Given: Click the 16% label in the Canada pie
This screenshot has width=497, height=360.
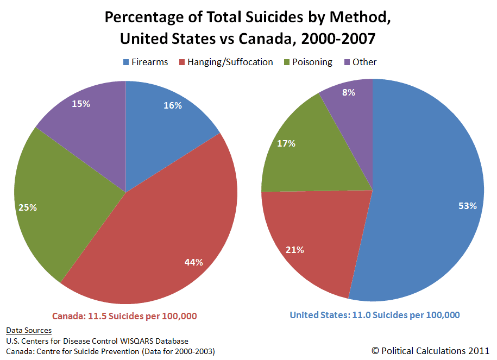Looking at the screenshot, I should click(173, 105).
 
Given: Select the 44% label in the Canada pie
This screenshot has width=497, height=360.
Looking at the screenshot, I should click(194, 262).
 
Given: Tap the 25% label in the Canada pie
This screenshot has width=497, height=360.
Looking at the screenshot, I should click(28, 207).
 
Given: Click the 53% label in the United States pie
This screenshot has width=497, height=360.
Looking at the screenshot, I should click(468, 206).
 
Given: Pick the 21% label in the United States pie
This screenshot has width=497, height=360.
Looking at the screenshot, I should click(295, 250).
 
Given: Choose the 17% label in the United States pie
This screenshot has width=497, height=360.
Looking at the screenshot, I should click(286, 143).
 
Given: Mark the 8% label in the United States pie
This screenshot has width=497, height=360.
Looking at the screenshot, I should click(349, 92).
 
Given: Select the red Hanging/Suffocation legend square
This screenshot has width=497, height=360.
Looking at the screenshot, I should click(183, 62).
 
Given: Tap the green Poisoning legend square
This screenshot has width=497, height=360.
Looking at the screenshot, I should click(287, 62).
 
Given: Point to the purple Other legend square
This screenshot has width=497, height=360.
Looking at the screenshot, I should click(347, 62).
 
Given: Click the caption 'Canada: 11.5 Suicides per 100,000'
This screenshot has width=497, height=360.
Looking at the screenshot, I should click(124, 316).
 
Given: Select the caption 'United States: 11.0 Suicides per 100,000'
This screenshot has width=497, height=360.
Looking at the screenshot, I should click(375, 315).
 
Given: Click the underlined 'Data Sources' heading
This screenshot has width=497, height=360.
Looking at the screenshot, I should click(29, 330).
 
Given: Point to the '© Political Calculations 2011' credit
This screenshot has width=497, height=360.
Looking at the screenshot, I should click(430, 351).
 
